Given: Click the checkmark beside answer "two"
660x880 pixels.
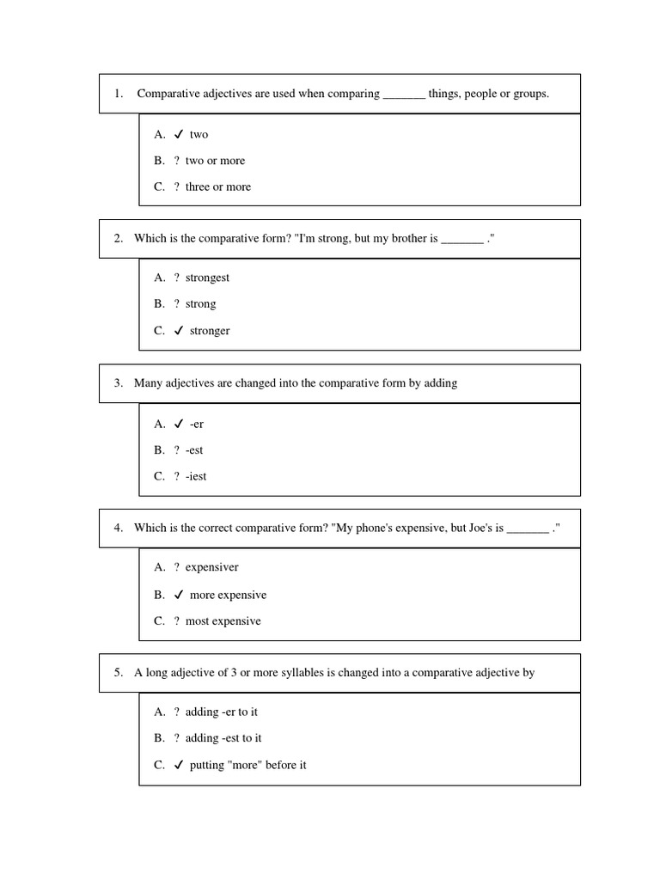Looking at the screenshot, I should pyautogui.click(x=178, y=134).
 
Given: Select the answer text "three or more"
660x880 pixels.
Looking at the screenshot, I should pyautogui.click(x=218, y=186).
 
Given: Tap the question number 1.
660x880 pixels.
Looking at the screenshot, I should pyautogui.click(x=118, y=94).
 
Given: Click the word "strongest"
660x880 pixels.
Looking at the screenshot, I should pyautogui.click(x=207, y=278).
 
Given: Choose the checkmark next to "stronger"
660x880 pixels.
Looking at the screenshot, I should pyautogui.click(x=178, y=330).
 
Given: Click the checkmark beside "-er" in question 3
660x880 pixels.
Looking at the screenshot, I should pyautogui.click(x=178, y=424).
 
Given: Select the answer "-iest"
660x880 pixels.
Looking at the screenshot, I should pyautogui.click(x=196, y=476).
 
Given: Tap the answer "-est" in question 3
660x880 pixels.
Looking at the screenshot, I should pyautogui.click(x=194, y=449).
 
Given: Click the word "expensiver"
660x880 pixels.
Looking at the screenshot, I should pyautogui.click(x=212, y=567).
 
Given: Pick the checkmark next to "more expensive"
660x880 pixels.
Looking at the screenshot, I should pyautogui.click(x=178, y=595).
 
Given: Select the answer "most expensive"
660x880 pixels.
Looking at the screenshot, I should pyautogui.click(x=223, y=620).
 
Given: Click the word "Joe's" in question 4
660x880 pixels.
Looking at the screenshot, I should pyautogui.click(x=478, y=528).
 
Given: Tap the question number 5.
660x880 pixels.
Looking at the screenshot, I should pyautogui.click(x=118, y=673).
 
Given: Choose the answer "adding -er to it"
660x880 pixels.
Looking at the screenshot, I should pyautogui.click(x=222, y=712).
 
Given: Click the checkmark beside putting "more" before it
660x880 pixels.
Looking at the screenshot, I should pyautogui.click(x=178, y=765).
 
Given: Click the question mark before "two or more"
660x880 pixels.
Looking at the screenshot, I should pyautogui.click(x=176, y=161).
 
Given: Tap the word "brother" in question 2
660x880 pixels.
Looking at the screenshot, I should pyautogui.click(x=400, y=238).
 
